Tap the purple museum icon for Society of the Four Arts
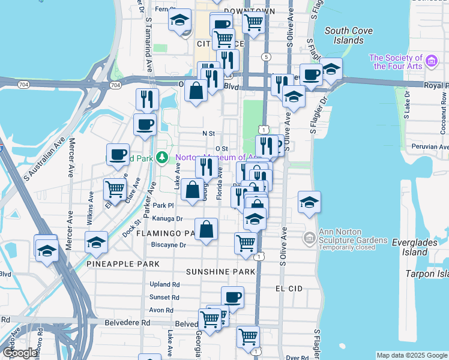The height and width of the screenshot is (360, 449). pos(432,61)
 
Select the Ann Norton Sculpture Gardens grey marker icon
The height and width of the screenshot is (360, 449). pos(309,238)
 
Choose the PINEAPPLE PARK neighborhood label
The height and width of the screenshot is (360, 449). pos(123,264)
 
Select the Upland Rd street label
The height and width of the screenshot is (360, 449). pos(164,284)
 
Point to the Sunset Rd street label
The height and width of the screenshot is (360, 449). pos(164,297)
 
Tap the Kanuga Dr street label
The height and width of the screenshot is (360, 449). pos(167,218)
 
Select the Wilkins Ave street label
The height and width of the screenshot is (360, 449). pos(91,208)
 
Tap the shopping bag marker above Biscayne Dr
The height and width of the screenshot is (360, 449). pos(206,229)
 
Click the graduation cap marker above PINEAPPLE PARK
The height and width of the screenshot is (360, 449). pos(96,242)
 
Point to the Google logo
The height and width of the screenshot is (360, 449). pos(20,353)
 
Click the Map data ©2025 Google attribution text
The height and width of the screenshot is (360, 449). pos(411,355)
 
